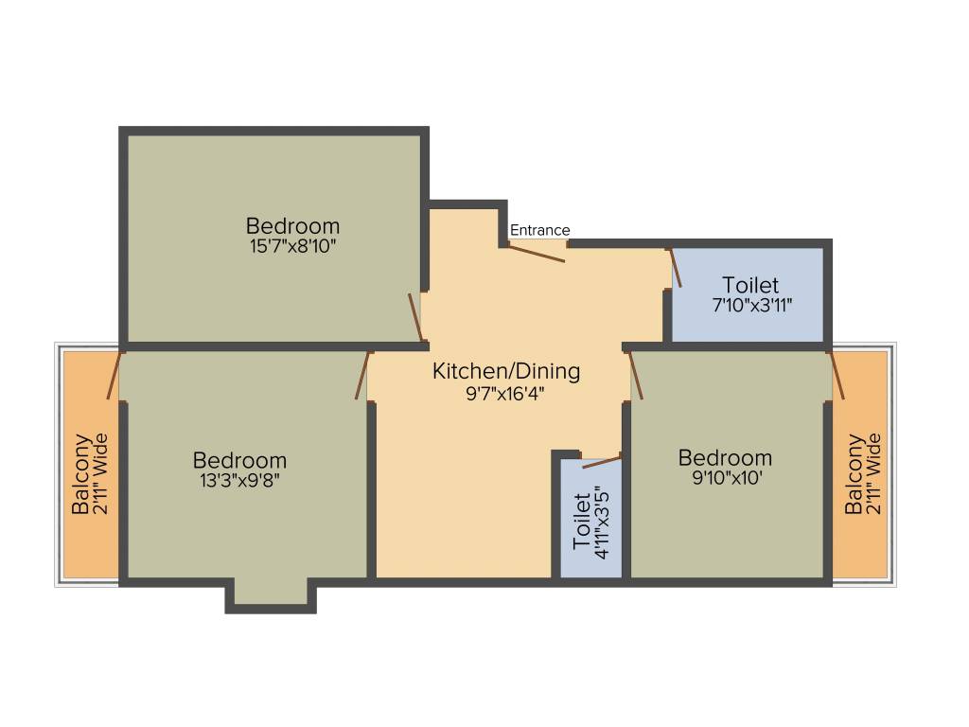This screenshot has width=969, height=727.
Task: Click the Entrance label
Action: pos(540,230)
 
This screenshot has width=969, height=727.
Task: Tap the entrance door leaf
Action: pos(537,254)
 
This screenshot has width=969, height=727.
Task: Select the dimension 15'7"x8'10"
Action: pos(292,246)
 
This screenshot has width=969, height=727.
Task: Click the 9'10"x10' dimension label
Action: pos(726,478)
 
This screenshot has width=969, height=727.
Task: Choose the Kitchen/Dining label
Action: pos(506,371)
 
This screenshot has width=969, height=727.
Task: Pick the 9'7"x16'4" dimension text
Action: pos(506,392)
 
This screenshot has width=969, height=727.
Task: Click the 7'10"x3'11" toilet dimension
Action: pos(750,306)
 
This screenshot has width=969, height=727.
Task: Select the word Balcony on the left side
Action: pos(81,473)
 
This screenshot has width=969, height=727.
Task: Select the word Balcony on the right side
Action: pos(854,473)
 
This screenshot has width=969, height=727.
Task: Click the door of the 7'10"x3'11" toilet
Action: pos(676,268)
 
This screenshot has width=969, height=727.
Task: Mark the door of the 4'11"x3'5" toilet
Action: pos(602,462)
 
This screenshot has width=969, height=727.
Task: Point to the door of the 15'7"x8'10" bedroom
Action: pos(415,317)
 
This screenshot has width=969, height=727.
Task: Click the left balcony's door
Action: pos(115,375)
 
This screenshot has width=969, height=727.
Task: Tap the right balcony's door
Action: pos(837,375)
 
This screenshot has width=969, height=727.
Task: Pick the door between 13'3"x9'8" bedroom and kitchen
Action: pos(362,375)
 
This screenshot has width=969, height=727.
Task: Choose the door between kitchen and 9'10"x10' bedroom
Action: pos(636,375)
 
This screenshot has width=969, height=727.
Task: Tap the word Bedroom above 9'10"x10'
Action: pos(726,458)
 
